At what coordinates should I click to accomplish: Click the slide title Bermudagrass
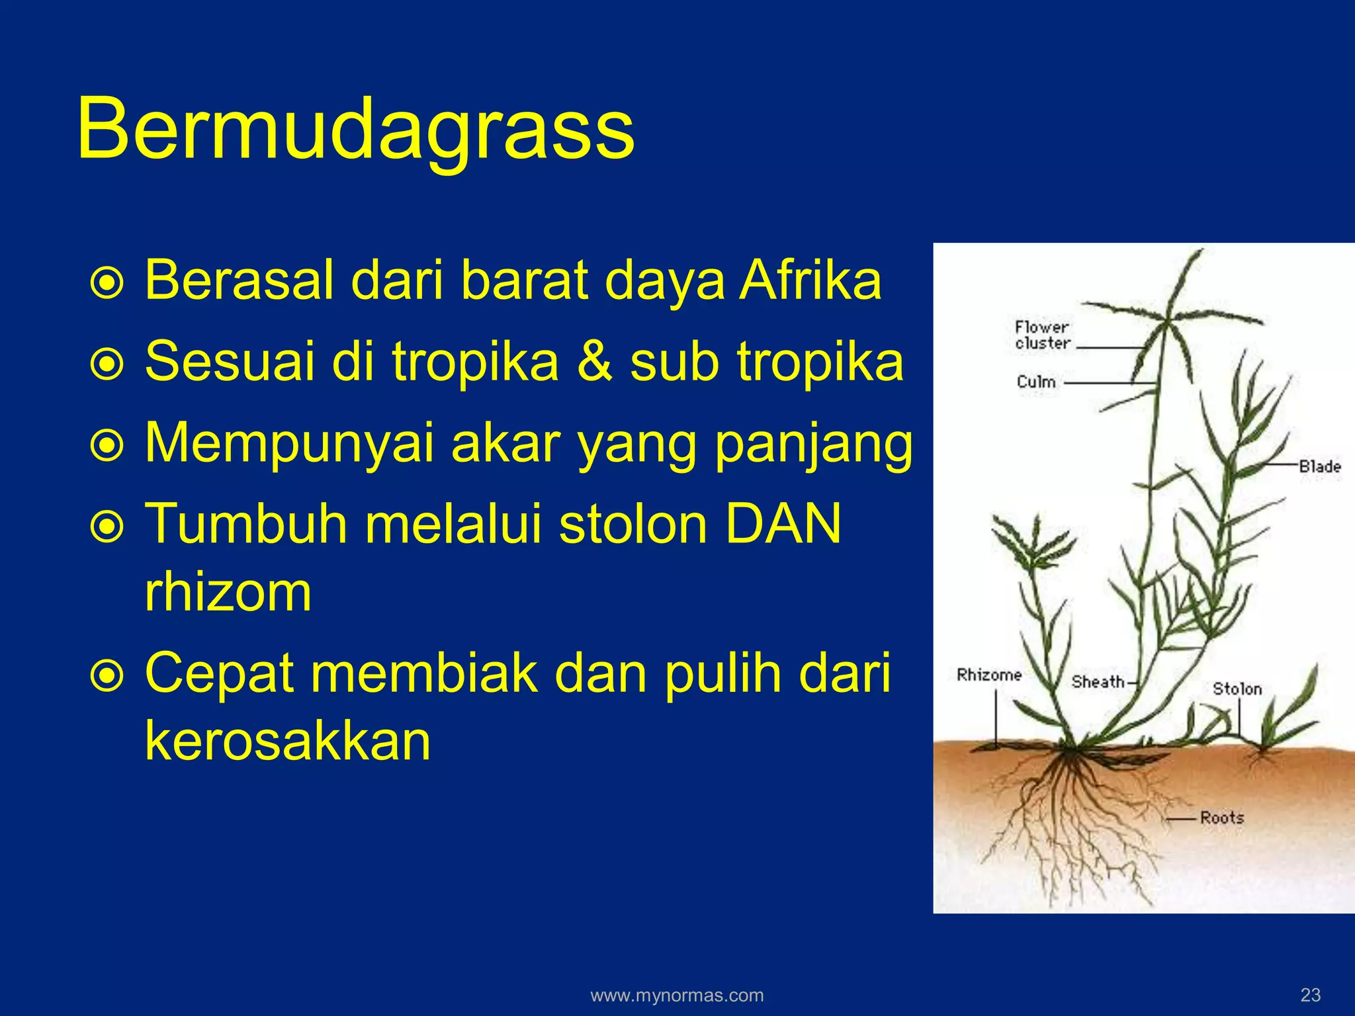pos(355,129)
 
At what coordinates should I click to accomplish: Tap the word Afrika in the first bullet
pos(810,280)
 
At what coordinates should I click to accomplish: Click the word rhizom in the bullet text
pos(228,592)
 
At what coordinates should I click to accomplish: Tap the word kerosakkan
pos(287,741)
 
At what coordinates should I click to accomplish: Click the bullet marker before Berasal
pos(107,283)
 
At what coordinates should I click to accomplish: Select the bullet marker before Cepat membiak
pos(107,676)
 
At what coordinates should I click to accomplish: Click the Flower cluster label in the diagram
pos(1042,335)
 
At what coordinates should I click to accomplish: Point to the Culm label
pos(1035,382)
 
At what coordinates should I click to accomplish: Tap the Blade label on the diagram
pos(1319,466)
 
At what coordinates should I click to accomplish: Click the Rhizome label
pos(989,675)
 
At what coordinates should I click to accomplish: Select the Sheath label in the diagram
pos(1098,681)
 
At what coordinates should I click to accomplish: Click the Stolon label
pos(1237,689)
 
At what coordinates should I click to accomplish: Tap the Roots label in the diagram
pos(1221,818)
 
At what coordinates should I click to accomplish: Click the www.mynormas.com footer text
pos(677,995)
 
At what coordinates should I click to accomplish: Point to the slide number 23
pos(1310,994)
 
